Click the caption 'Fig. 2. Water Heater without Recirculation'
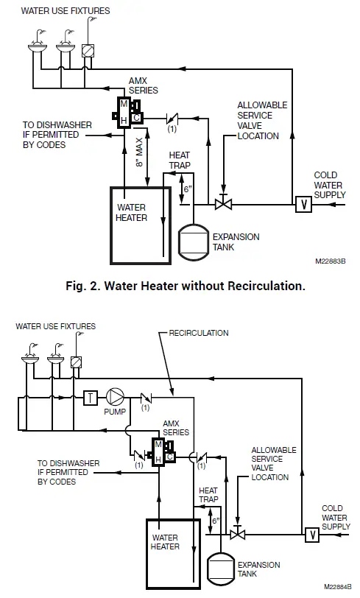point(180,286)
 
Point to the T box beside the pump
point(91,395)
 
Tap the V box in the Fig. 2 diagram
point(301,203)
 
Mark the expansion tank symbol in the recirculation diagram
point(219,564)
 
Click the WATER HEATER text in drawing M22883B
point(132,213)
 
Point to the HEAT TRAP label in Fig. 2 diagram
point(180,161)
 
